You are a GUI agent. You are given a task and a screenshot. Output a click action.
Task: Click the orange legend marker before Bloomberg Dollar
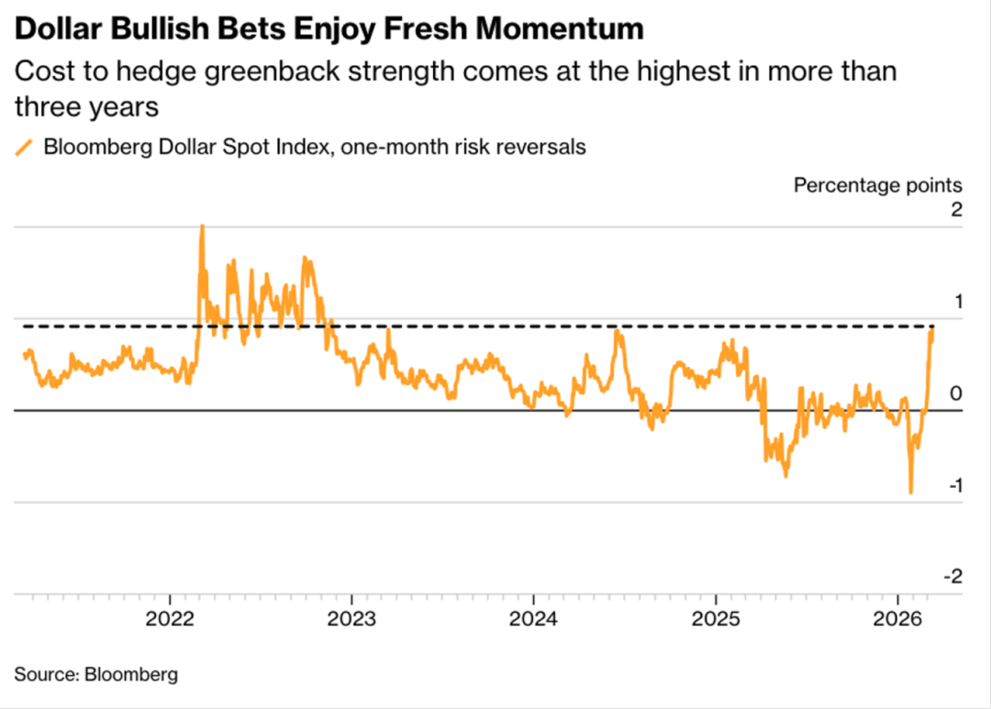pos(25,147)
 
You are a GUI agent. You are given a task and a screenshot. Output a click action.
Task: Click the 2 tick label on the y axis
pos(956,210)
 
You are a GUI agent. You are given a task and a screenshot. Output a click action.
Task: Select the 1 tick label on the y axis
pos(957,302)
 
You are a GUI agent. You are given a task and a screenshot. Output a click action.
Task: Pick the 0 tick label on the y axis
pos(956,393)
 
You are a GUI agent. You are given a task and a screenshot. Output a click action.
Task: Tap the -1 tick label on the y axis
pos(953,485)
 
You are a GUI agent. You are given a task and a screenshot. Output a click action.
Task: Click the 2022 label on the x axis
pos(171,617)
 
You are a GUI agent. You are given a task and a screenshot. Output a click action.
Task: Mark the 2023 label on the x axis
pos(352,617)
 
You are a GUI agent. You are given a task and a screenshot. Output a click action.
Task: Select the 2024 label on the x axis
pos(535,617)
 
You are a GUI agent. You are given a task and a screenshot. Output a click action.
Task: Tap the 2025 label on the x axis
pos(717,617)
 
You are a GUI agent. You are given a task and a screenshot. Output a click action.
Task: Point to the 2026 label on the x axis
pos(898,617)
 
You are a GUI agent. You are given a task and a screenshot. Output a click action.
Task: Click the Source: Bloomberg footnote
pos(95,675)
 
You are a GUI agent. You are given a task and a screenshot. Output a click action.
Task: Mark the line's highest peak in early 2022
pos(202,226)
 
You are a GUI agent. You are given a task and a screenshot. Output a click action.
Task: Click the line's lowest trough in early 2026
pos(910,493)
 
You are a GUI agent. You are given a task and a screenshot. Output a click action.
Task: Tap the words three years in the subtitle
pos(87,106)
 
